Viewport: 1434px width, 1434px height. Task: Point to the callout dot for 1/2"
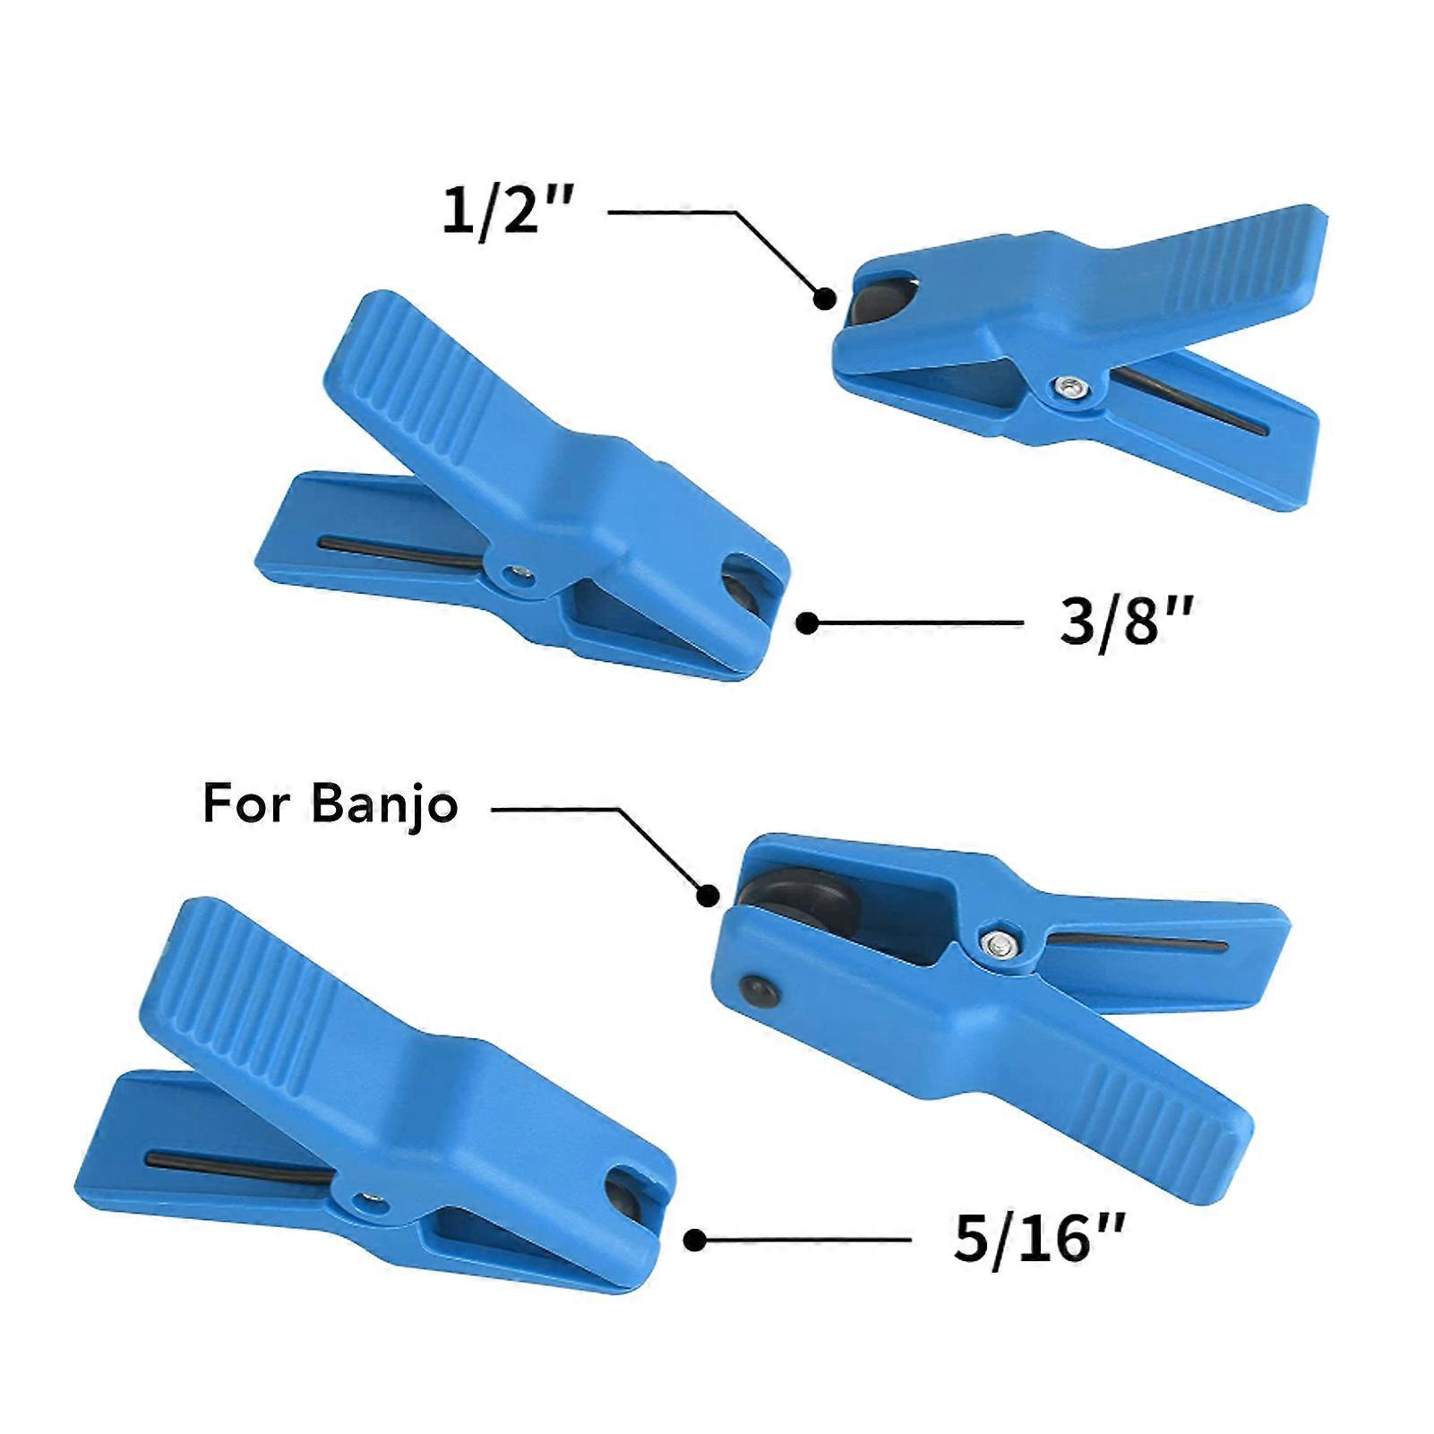tap(824, 299)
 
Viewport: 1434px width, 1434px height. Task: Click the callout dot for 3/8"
tap(807, 623)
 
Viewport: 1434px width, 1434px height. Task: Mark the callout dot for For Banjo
tap(708, 894)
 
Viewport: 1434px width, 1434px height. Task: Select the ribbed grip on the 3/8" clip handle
tap(421, 366)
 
